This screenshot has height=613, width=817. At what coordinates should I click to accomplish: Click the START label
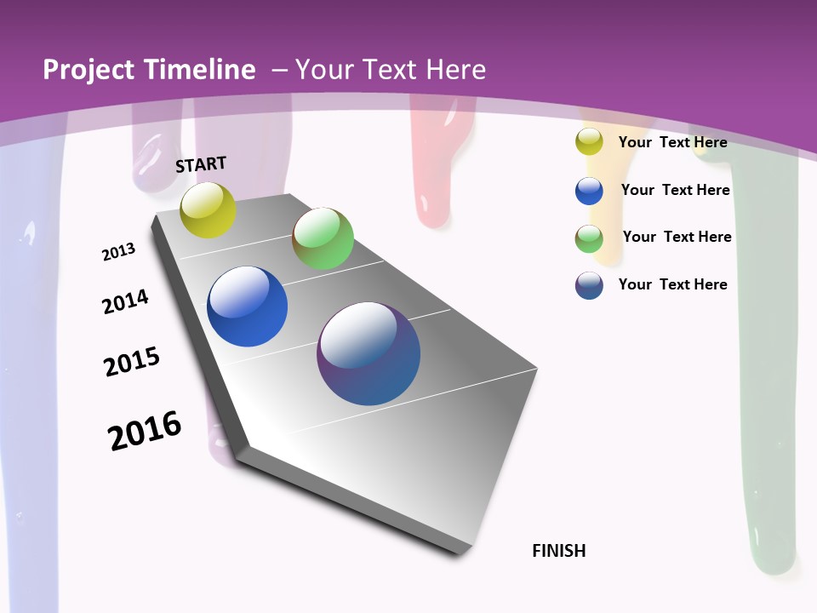click(x=201, y=164)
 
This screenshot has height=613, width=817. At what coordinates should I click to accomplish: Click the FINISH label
click(x=559, y=551)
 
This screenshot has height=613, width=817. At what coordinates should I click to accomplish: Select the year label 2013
click(x=118, y=252)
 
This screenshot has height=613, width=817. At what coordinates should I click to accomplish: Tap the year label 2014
click(x=125, y=302)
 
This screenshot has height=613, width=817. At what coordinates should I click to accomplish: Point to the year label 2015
click(x=132, y=362)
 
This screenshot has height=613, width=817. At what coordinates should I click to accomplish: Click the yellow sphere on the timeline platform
click(x=209, y=209)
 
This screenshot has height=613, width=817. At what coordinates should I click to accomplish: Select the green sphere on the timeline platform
click(x=323, y=238)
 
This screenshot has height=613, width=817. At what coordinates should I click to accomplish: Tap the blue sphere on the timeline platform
click(x=248, y=306)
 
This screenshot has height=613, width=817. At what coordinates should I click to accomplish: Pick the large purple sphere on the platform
click(x=369, y=353)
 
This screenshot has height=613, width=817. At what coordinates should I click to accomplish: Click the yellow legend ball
click(x=589, y=142)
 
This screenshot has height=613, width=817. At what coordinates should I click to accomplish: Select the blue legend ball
click(x=589, y=191)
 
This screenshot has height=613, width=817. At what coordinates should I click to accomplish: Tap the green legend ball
click(x=589, y=238)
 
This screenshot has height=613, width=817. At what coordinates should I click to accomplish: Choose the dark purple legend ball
click(x=589, y=285)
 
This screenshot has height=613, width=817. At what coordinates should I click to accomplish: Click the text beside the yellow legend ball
click(x=672, y=142)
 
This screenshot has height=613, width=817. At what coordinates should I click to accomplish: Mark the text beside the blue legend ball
click(x=675, y=190)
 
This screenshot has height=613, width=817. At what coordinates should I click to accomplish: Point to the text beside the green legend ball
click(x=677, y=237)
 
